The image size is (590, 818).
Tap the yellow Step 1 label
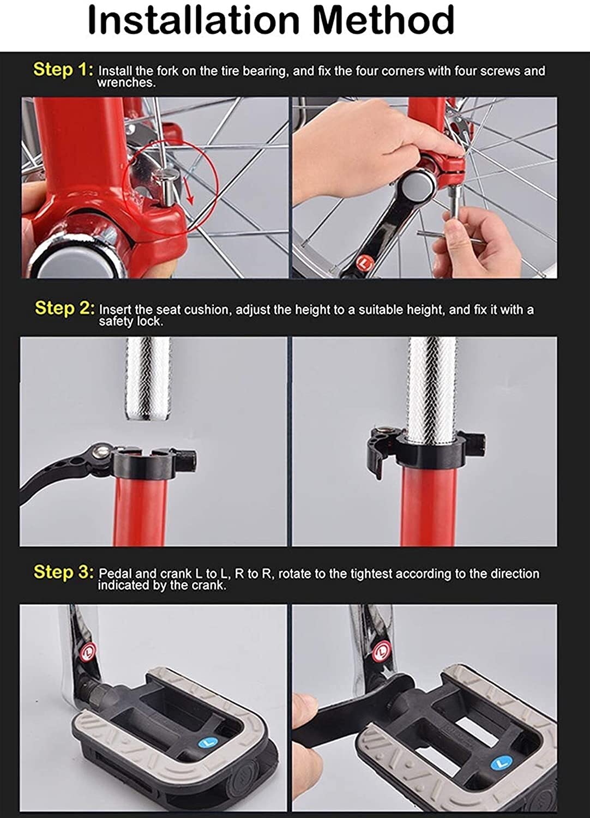(x=63, y=69)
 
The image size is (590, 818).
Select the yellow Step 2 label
(x=65, y=308)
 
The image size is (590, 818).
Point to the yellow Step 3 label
(x=64, y=572)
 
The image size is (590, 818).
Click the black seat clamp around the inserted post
(x=426, y=452)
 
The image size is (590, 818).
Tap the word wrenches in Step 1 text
(x=126, y=83)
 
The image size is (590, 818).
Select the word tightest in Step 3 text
(x=372, y=573)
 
